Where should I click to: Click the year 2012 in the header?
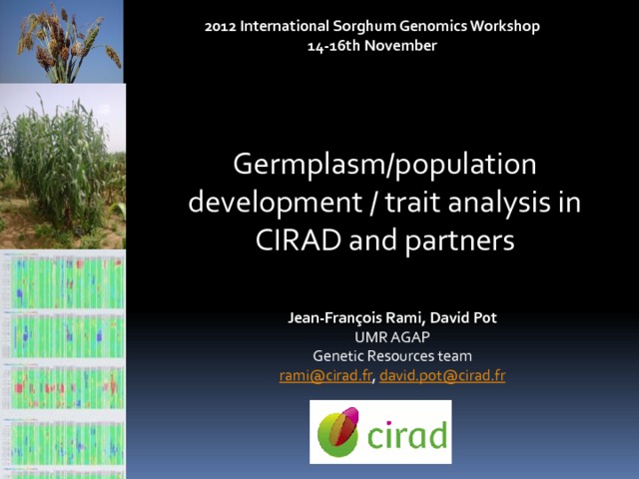point(220,27)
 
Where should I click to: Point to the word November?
point(400,46)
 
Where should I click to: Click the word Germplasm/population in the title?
point(384,165)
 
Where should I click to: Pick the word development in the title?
point(276,203)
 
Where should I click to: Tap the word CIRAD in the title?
point(299,239)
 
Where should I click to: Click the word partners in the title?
point(459,241)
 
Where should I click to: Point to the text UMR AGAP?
point(392,337)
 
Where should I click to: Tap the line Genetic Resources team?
point(392,356)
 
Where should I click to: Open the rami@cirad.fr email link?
point(325,375)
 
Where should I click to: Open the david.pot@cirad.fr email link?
point(442,375)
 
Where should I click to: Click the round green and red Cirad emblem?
point(338,432)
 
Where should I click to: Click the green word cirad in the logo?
point(406,435)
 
